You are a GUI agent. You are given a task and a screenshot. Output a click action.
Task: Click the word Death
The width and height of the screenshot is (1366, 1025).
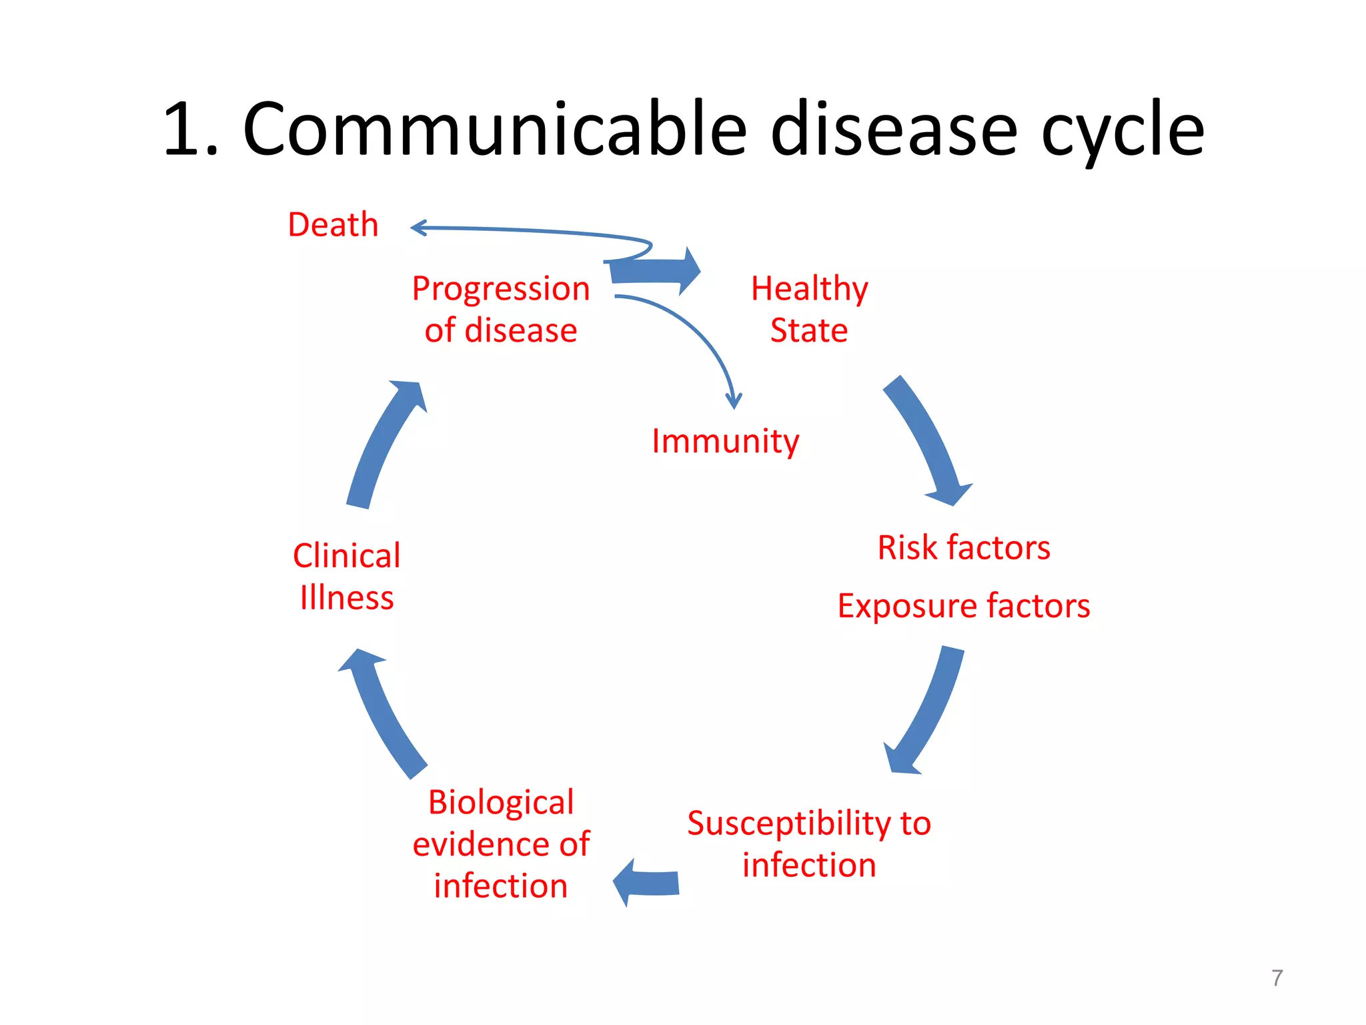(333, 224)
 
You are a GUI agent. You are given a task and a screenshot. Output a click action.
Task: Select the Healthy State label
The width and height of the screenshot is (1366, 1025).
(809, 309)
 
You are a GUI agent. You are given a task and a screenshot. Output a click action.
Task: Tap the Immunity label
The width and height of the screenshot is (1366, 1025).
(725, 441)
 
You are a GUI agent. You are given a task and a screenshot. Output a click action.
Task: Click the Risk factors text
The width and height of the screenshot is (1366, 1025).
(963, 548)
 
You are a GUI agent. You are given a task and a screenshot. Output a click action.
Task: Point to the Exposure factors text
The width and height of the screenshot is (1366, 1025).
(963, 606)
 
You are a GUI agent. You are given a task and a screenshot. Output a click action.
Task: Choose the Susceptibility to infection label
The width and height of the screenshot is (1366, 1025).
(808, 843)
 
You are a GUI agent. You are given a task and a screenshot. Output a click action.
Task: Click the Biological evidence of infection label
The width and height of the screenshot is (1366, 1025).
(500, 843)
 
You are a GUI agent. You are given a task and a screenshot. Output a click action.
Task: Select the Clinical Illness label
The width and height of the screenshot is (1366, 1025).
(346, 577)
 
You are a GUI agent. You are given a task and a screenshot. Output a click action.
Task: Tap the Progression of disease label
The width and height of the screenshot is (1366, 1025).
(500, 309)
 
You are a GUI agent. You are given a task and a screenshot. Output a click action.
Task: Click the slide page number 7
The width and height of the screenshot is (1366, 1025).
(1277, 978)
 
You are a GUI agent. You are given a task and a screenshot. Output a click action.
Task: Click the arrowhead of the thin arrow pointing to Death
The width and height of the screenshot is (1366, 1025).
(417, 228)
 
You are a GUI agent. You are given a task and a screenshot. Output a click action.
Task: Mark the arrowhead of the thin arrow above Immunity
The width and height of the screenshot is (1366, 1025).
(734, 402)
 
